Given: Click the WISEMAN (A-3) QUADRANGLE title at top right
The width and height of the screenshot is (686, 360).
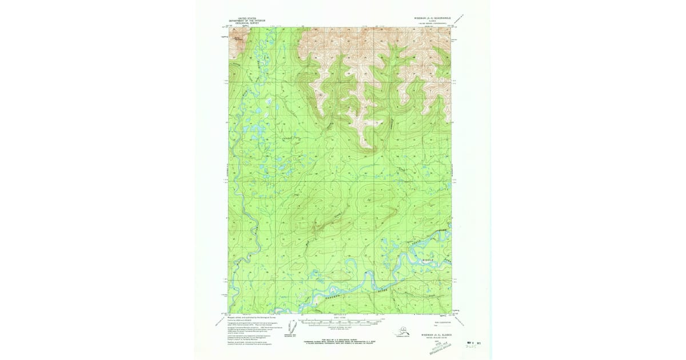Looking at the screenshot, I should point(434,18).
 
